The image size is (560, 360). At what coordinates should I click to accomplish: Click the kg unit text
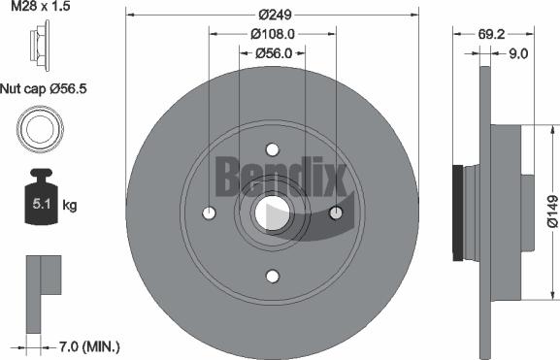pos(70,205)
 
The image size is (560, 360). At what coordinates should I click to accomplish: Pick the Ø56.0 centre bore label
pos(273,53)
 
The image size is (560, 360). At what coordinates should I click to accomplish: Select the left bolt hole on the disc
pos(209,213)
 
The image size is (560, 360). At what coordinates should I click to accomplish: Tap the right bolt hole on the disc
pos(336,213)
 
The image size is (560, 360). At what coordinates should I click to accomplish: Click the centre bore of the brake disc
pos(273,213)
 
